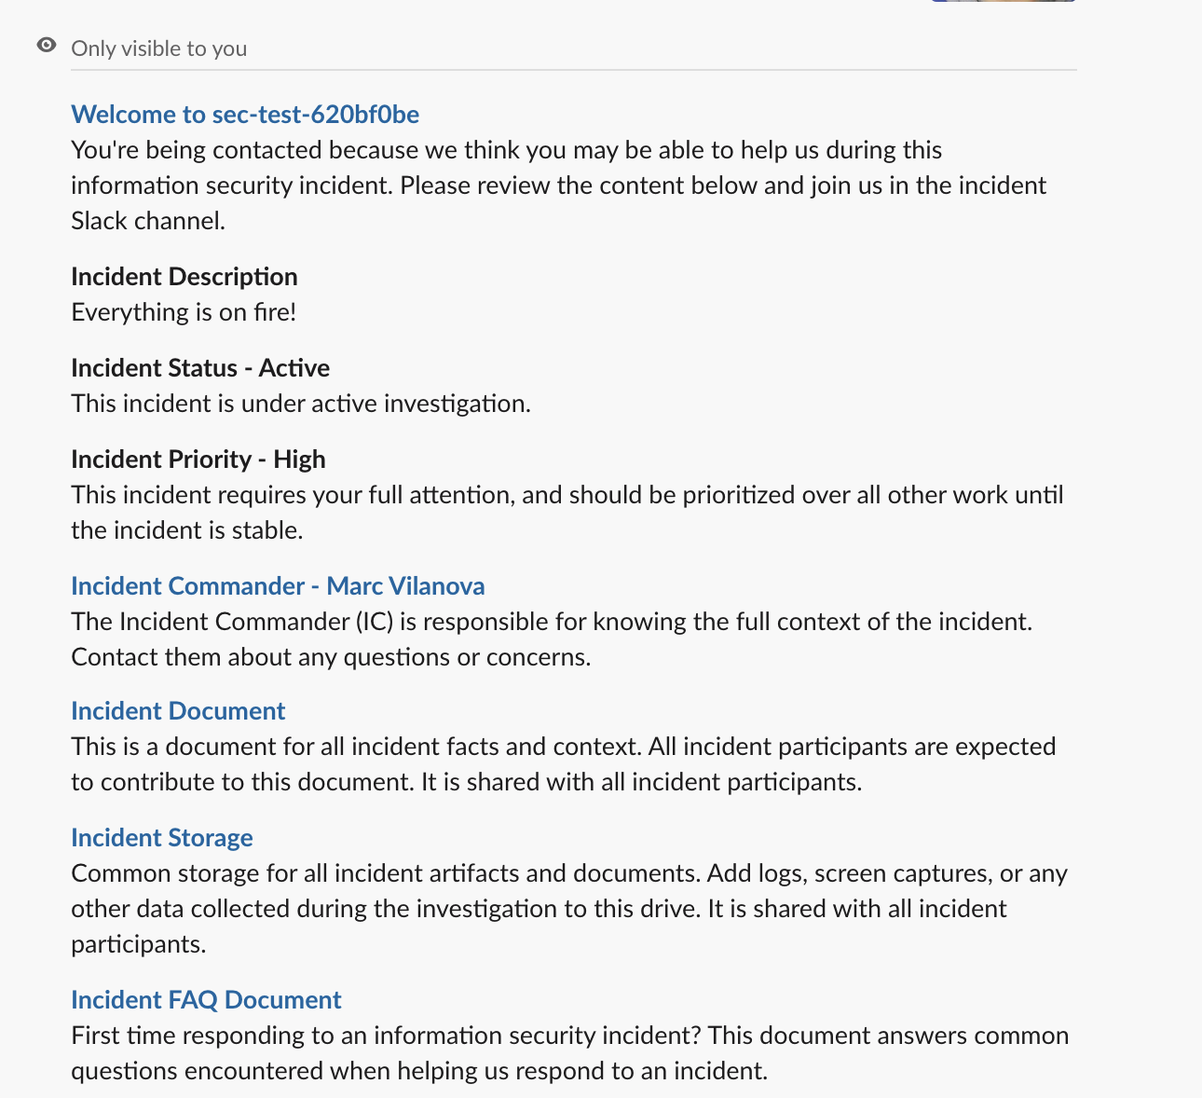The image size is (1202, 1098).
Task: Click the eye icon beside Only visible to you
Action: [47, 46]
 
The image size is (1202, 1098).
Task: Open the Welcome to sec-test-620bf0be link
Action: [245, 114]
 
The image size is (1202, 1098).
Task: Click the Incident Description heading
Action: [184, 276]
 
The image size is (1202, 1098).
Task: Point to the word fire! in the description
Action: [274, 311]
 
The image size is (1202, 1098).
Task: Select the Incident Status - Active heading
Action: [200, 367]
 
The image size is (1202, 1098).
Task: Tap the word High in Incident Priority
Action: [299, 459]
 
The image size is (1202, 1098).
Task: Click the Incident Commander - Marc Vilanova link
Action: [278, 585]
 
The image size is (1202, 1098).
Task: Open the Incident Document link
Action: [178, 710]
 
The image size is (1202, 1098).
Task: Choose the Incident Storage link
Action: [162, 837]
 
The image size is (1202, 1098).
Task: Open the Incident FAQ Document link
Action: [206, 999]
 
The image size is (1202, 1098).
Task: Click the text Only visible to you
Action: [159, 48]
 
